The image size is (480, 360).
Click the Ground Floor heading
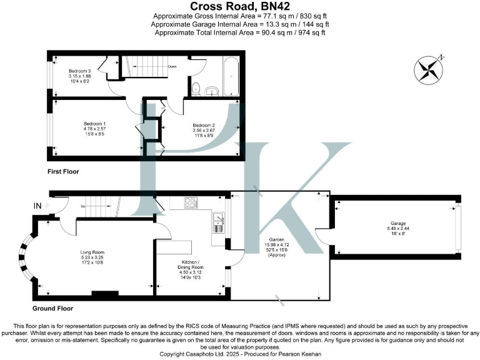click(52, 308)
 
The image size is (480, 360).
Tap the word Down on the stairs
click(171, 66)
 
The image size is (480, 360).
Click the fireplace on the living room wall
click(104, 292)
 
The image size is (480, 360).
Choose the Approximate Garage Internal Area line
click(240, 24)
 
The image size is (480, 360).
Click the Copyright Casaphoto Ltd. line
click(240, 354)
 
